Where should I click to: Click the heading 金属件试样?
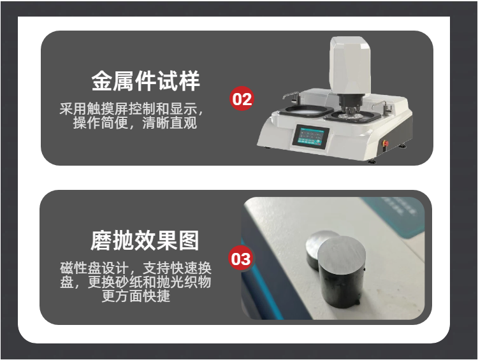tap(146, 81)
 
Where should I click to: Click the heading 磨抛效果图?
tap(145, 240)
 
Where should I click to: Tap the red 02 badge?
tap(242, 99)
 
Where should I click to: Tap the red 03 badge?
tap(241, 259)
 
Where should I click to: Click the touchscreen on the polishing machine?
tap(311, 137)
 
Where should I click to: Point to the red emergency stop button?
tap(386, 143)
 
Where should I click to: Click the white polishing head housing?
tap(351, 66)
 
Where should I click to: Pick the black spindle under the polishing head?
tap(349, 103)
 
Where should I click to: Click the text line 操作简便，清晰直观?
tap(134, 123)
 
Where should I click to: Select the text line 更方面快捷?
tap(136, 296)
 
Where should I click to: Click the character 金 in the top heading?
tap(102, 81)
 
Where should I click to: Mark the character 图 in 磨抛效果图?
tap(189, 241)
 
